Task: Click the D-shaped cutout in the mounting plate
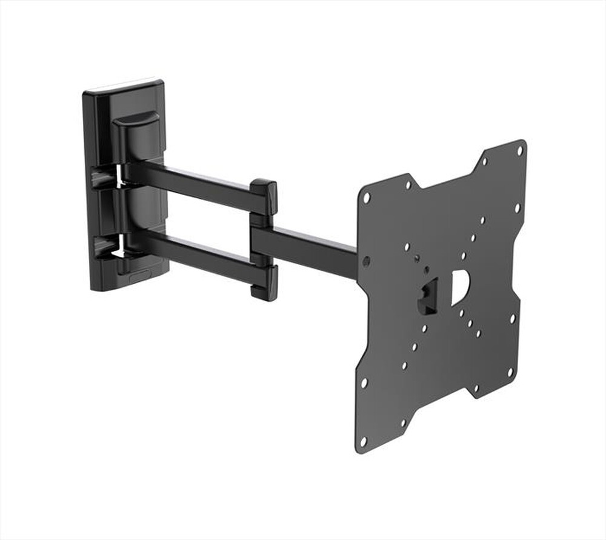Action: pyautogui.click(x=459, y=287)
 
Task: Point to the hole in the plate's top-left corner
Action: pyautogui.click(x=366, y=198)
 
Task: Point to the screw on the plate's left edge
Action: pyautogui.click(x=366, y=262)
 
